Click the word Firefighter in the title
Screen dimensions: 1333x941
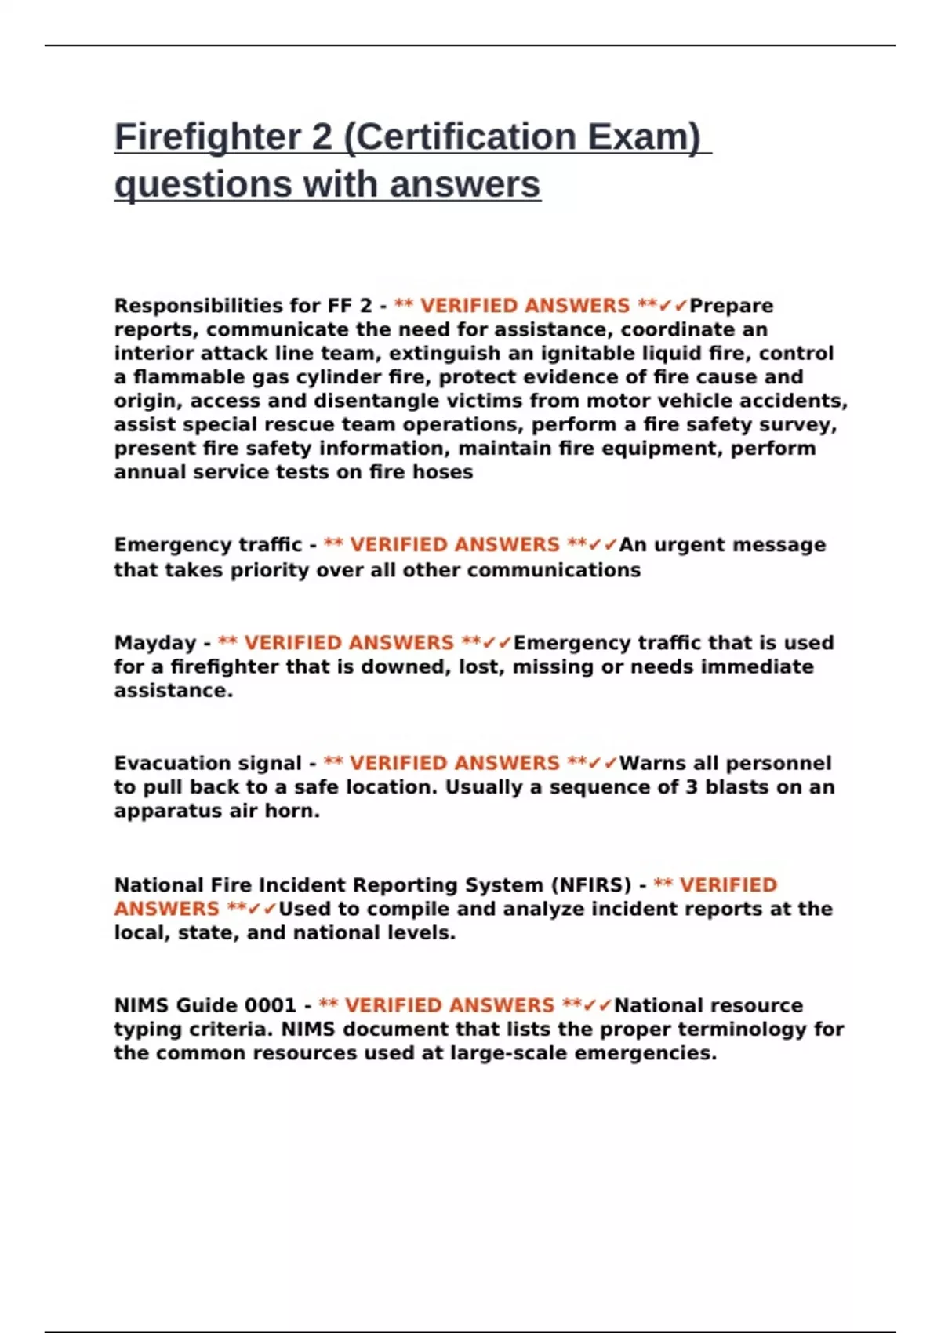[x=208, y=137]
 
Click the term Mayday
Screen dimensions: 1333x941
[x=154, y=643]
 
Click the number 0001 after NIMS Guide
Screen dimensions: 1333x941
[x=270, y=1005]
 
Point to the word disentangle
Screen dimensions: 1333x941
[x=369, y=401]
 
